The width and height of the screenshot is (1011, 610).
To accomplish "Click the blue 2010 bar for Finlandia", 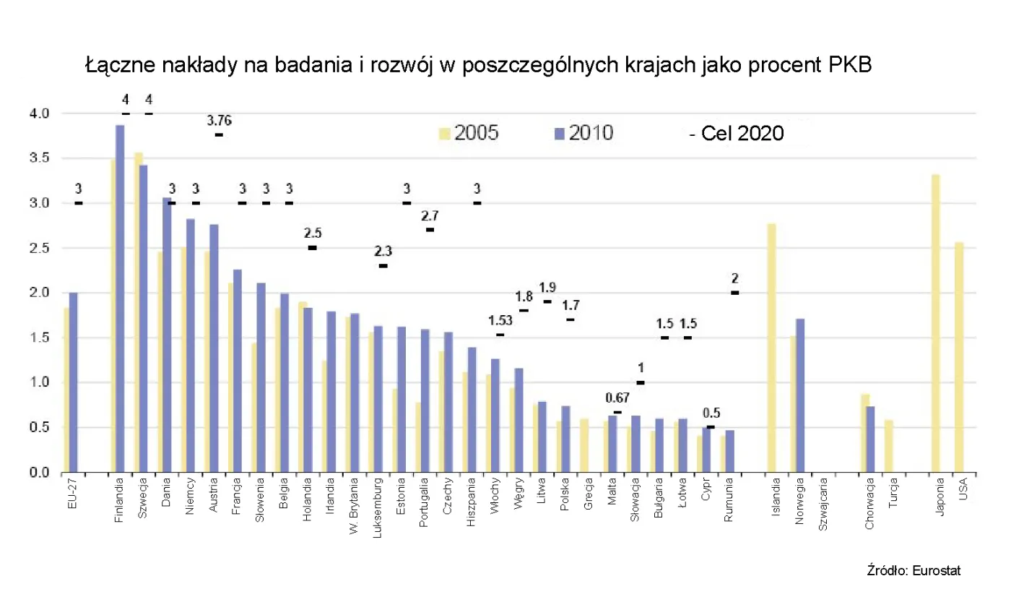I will click(x=120, y=299).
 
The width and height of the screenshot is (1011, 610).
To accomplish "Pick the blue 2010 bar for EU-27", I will click(x=73, y=383).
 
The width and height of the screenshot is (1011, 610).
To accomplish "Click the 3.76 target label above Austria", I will click(x=220, y=121).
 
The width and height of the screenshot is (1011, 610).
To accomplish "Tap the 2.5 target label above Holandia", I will click(x=313, y=233).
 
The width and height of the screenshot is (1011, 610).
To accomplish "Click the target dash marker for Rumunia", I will click(x=735, y=293).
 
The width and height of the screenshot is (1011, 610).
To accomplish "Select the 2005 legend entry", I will click(x=469, y=133).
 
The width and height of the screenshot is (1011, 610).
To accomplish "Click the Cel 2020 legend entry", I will click(x=737, y=134).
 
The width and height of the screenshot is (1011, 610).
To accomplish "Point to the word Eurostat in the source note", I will click(x=937, y=570).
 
